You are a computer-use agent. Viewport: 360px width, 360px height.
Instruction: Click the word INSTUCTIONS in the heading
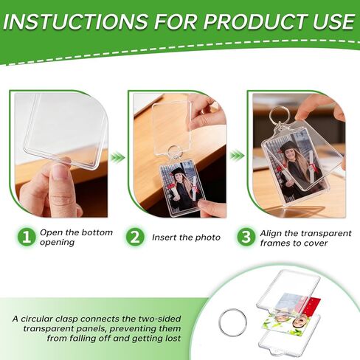click(75, 21)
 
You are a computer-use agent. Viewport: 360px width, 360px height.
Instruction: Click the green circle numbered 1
click(27, 237)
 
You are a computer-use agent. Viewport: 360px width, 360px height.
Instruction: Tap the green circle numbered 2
click(135, 237)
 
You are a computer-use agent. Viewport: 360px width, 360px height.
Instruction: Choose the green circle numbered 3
click(246, 237)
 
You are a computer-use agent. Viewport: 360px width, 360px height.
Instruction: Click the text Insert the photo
click(186, 238)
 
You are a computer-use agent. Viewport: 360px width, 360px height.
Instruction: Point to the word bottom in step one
click(97, 232)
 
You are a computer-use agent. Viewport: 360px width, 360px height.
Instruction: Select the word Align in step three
click(271, 234)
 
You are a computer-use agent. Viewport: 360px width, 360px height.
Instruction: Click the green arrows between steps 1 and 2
click(117, 157)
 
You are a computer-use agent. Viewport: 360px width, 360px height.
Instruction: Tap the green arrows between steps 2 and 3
click(237, 156)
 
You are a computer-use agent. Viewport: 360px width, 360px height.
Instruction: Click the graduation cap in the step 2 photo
click(179, 171)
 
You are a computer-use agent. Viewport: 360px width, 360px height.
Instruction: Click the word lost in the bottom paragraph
click(172, 338)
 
